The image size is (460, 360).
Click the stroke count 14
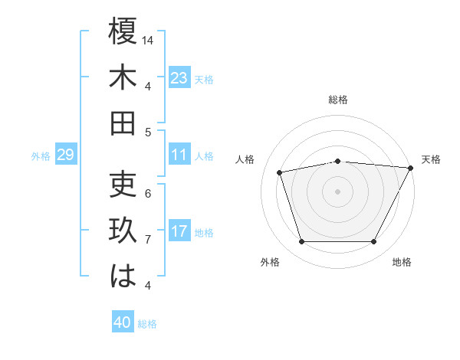pos(149,40)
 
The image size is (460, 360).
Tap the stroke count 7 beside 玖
pos(148,240)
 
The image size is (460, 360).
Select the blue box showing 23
pos(179,77)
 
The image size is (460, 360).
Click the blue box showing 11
pos(179,155)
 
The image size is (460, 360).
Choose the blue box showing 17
pos(179,231)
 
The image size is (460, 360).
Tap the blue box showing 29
pos(65,155)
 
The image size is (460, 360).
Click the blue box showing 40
pos(123,322)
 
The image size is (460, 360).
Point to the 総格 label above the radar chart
pos(338,100)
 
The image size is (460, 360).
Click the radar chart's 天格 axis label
pos(431,159)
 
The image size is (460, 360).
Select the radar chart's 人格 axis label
pos(245,159)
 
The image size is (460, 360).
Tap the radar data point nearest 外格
pos(301,242)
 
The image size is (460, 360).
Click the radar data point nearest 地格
pos(374,242)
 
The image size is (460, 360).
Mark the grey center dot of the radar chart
pos(337,191)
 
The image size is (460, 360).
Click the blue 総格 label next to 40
pos(147,323)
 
